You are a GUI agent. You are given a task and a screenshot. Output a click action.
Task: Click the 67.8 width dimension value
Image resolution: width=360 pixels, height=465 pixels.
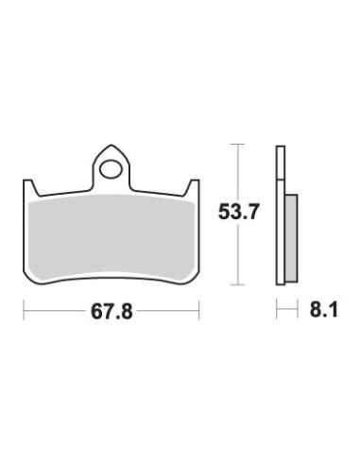(111, 312)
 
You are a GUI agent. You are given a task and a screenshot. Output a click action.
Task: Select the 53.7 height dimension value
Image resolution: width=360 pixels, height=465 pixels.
(238, 212)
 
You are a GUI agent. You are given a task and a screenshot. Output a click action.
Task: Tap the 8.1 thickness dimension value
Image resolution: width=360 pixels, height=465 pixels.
(323, 309)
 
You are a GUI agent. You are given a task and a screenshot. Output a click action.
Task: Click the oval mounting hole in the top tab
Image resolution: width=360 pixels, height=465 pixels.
(111, 169)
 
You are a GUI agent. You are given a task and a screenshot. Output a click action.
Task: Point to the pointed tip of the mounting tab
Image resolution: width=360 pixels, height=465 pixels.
(111, 146)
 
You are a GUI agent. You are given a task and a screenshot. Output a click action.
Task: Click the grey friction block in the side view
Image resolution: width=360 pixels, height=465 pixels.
(292, 238)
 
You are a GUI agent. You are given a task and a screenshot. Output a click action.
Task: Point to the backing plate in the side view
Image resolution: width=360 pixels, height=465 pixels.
(281, 215)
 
